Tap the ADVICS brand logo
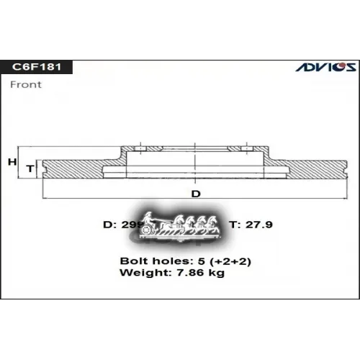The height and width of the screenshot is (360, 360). click(x=326, y=67)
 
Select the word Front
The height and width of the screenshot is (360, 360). click(x=25, y=84)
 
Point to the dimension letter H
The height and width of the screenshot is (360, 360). click(x=12, y=162)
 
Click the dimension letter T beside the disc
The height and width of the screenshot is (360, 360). click(x=30, y=168)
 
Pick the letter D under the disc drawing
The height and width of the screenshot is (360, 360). click(x=195, y=194)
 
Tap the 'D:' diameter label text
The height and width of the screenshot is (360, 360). click(x=110, y=225)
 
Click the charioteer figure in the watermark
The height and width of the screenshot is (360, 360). click(x=150, y=218)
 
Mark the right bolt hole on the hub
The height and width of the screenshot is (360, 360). click(x=238, y=148)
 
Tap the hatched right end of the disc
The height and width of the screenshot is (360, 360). click(x=317, y=168)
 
